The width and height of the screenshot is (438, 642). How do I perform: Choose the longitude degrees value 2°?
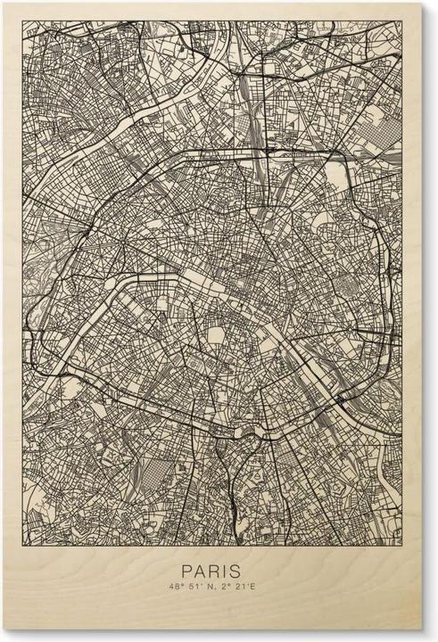(229, 588)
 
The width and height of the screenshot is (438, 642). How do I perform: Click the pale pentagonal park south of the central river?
(217, 334)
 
